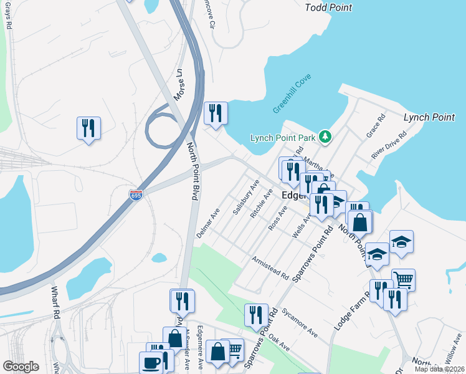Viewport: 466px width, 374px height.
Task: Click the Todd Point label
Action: [328, 8]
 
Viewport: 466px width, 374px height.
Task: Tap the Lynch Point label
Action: [429, 117]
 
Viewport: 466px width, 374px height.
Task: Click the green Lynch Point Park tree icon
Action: [324, 137]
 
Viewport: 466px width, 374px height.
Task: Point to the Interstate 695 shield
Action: [136, 196]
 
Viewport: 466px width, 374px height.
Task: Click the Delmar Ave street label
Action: [208, 223]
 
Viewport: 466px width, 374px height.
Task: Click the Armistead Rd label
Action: [270, 267]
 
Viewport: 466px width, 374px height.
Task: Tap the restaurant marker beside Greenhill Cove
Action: [216, 113]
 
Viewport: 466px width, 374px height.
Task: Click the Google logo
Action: [21, 367]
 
